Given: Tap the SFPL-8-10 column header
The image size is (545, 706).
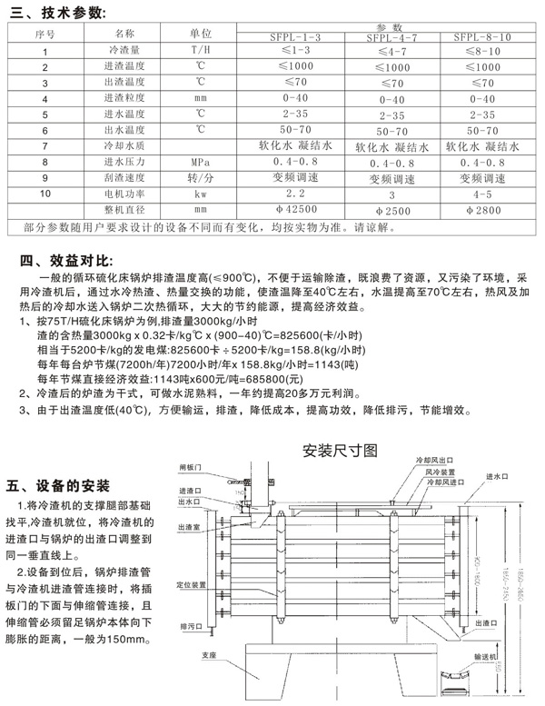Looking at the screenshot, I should [481, 38].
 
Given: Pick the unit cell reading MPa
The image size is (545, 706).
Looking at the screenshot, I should [200, 162].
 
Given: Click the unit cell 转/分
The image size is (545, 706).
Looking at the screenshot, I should [200, 178].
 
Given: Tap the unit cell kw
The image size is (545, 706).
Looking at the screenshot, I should [200, 194].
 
